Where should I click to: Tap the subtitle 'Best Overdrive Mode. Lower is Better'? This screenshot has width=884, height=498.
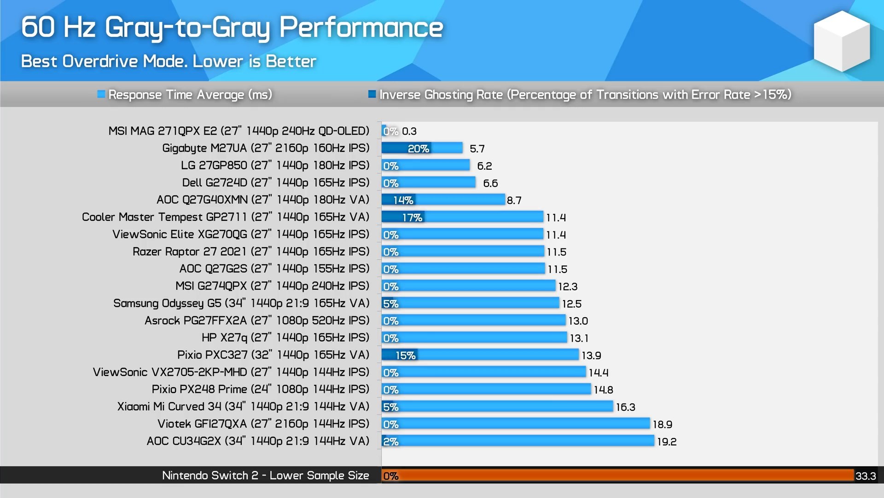click(169, 61)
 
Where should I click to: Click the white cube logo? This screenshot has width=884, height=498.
click(842, 41)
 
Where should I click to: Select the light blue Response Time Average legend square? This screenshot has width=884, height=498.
click(101, 95)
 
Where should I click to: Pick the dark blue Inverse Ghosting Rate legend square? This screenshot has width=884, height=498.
click(372, 95)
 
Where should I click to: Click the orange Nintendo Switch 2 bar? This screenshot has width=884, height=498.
click(617, 475)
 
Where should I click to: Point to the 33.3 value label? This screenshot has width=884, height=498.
click(866, 476)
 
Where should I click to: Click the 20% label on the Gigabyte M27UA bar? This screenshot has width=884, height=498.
click(418, 148)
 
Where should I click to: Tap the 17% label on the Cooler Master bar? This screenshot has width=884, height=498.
click(412, 217)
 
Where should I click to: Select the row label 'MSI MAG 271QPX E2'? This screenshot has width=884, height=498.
click(238, 131)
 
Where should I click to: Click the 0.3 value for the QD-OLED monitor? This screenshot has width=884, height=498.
click(409, 131)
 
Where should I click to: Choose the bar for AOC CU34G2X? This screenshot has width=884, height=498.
click(518, 441)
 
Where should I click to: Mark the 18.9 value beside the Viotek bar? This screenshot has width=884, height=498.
click(663, 424)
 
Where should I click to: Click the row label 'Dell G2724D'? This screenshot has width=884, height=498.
click(275, 183)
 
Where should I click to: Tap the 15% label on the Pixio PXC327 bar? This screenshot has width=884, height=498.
click(406, 355)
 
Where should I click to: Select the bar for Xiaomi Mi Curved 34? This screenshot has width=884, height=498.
click(497, 407)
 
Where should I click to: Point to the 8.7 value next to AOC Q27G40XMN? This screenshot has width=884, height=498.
click(514, 200)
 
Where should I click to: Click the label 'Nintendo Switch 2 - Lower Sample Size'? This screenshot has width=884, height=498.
click(265, 475)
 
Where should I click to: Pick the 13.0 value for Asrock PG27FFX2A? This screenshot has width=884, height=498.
click(578, 321)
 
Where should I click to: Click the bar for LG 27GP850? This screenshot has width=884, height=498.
click(426, 166)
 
